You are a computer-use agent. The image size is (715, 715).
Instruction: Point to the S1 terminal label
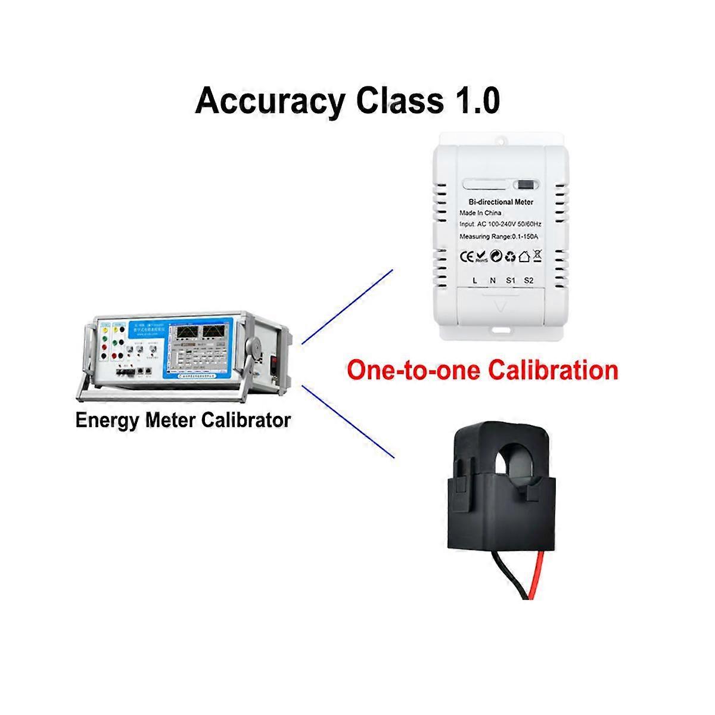pos(511,281)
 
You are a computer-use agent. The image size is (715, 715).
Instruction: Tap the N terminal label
pos(492,281)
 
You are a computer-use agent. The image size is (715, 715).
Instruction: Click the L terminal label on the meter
pos(474,281)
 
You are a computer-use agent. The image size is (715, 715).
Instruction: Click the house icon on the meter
pos(524,257)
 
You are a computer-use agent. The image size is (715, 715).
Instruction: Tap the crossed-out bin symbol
pos(537,257)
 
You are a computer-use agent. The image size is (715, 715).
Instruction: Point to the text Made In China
pos(480,213)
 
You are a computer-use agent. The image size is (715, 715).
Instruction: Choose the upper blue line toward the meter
pos(347,306)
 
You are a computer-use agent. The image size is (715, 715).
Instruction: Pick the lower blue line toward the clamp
pos(349,421)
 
